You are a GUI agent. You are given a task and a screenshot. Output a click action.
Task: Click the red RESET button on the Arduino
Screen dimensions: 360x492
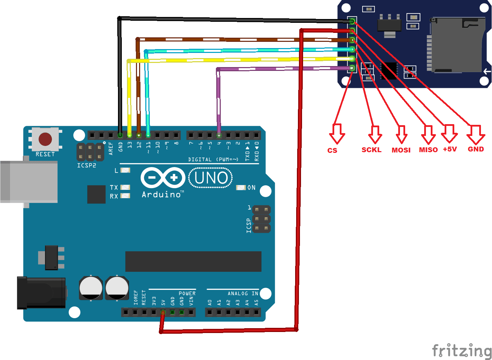point(45,139)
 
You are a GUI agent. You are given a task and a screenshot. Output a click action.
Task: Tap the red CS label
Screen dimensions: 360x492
point(332,150)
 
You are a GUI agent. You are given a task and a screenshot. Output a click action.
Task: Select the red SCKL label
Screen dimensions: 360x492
point(371,150)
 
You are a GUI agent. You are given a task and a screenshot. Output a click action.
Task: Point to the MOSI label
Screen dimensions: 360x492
point(401,150)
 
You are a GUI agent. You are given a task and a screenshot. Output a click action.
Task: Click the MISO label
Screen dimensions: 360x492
point(428,150)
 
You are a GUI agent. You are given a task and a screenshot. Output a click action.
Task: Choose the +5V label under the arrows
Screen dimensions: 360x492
point(450,149)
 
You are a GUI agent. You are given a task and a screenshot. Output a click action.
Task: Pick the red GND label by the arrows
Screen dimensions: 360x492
point(476,149)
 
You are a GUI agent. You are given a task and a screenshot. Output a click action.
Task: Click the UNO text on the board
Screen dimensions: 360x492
point(211,178)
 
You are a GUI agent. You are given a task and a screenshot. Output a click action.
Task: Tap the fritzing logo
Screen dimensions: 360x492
point(462,351)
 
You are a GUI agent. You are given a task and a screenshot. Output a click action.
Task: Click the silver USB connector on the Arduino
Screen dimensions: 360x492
point(29,182)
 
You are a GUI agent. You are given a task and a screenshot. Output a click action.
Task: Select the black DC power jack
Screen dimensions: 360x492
point(42,293)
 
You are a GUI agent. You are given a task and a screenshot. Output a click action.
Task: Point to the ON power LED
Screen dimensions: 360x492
point(241,187)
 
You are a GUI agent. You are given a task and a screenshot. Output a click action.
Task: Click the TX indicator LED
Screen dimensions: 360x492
point(125,187)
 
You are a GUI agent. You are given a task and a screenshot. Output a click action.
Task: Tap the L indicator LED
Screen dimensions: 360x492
point(125,170)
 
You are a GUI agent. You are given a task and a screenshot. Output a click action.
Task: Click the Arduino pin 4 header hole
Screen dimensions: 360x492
point(219,135)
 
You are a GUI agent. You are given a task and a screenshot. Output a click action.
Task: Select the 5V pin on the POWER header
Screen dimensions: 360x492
point(163,312)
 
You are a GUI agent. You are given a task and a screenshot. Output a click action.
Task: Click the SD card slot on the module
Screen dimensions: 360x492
point(457,45)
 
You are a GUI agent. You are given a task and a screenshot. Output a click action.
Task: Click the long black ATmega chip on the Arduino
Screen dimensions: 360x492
point(193,261)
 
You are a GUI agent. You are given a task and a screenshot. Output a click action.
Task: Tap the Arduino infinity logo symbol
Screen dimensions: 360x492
point(163,178)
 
